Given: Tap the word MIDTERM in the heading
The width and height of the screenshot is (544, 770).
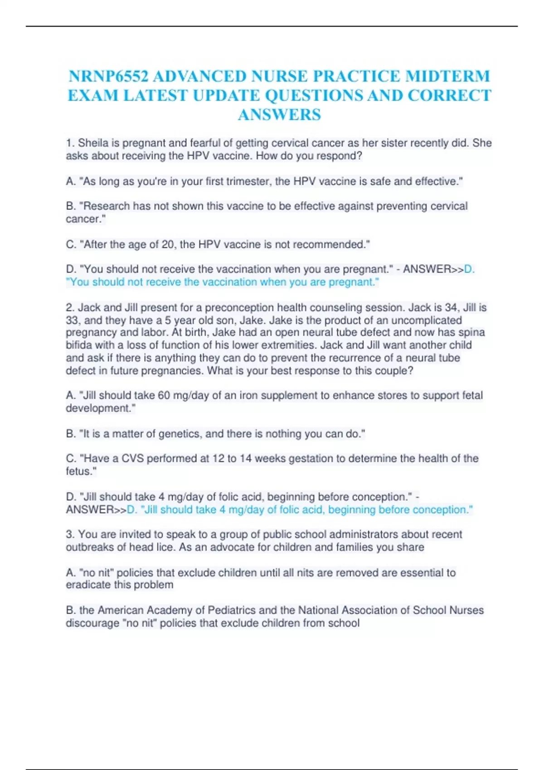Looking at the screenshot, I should click(x=447, y=76).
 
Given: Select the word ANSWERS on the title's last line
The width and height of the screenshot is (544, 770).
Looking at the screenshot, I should click(x=279, y=115).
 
